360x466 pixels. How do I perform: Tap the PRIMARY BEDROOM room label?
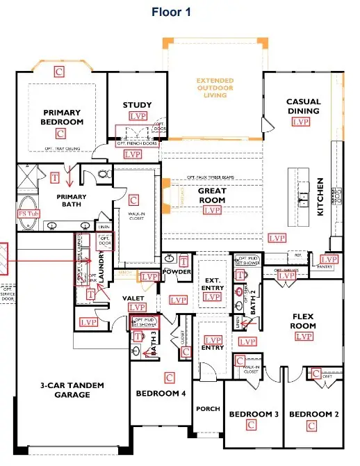pos(63,117)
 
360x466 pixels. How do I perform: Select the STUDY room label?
pos(137,106)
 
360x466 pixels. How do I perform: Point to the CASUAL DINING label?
pos(303,106)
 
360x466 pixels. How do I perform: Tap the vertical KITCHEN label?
pos(321,196)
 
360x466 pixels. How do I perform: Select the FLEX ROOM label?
pos(304,321)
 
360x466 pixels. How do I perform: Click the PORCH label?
pos(208,409)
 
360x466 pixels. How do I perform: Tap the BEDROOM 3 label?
pos(254,414)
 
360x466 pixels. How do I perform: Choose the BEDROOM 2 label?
pos(313,414)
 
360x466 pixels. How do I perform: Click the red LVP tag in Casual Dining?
pos(300,122)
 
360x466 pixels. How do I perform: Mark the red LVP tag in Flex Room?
pos(303,337)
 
